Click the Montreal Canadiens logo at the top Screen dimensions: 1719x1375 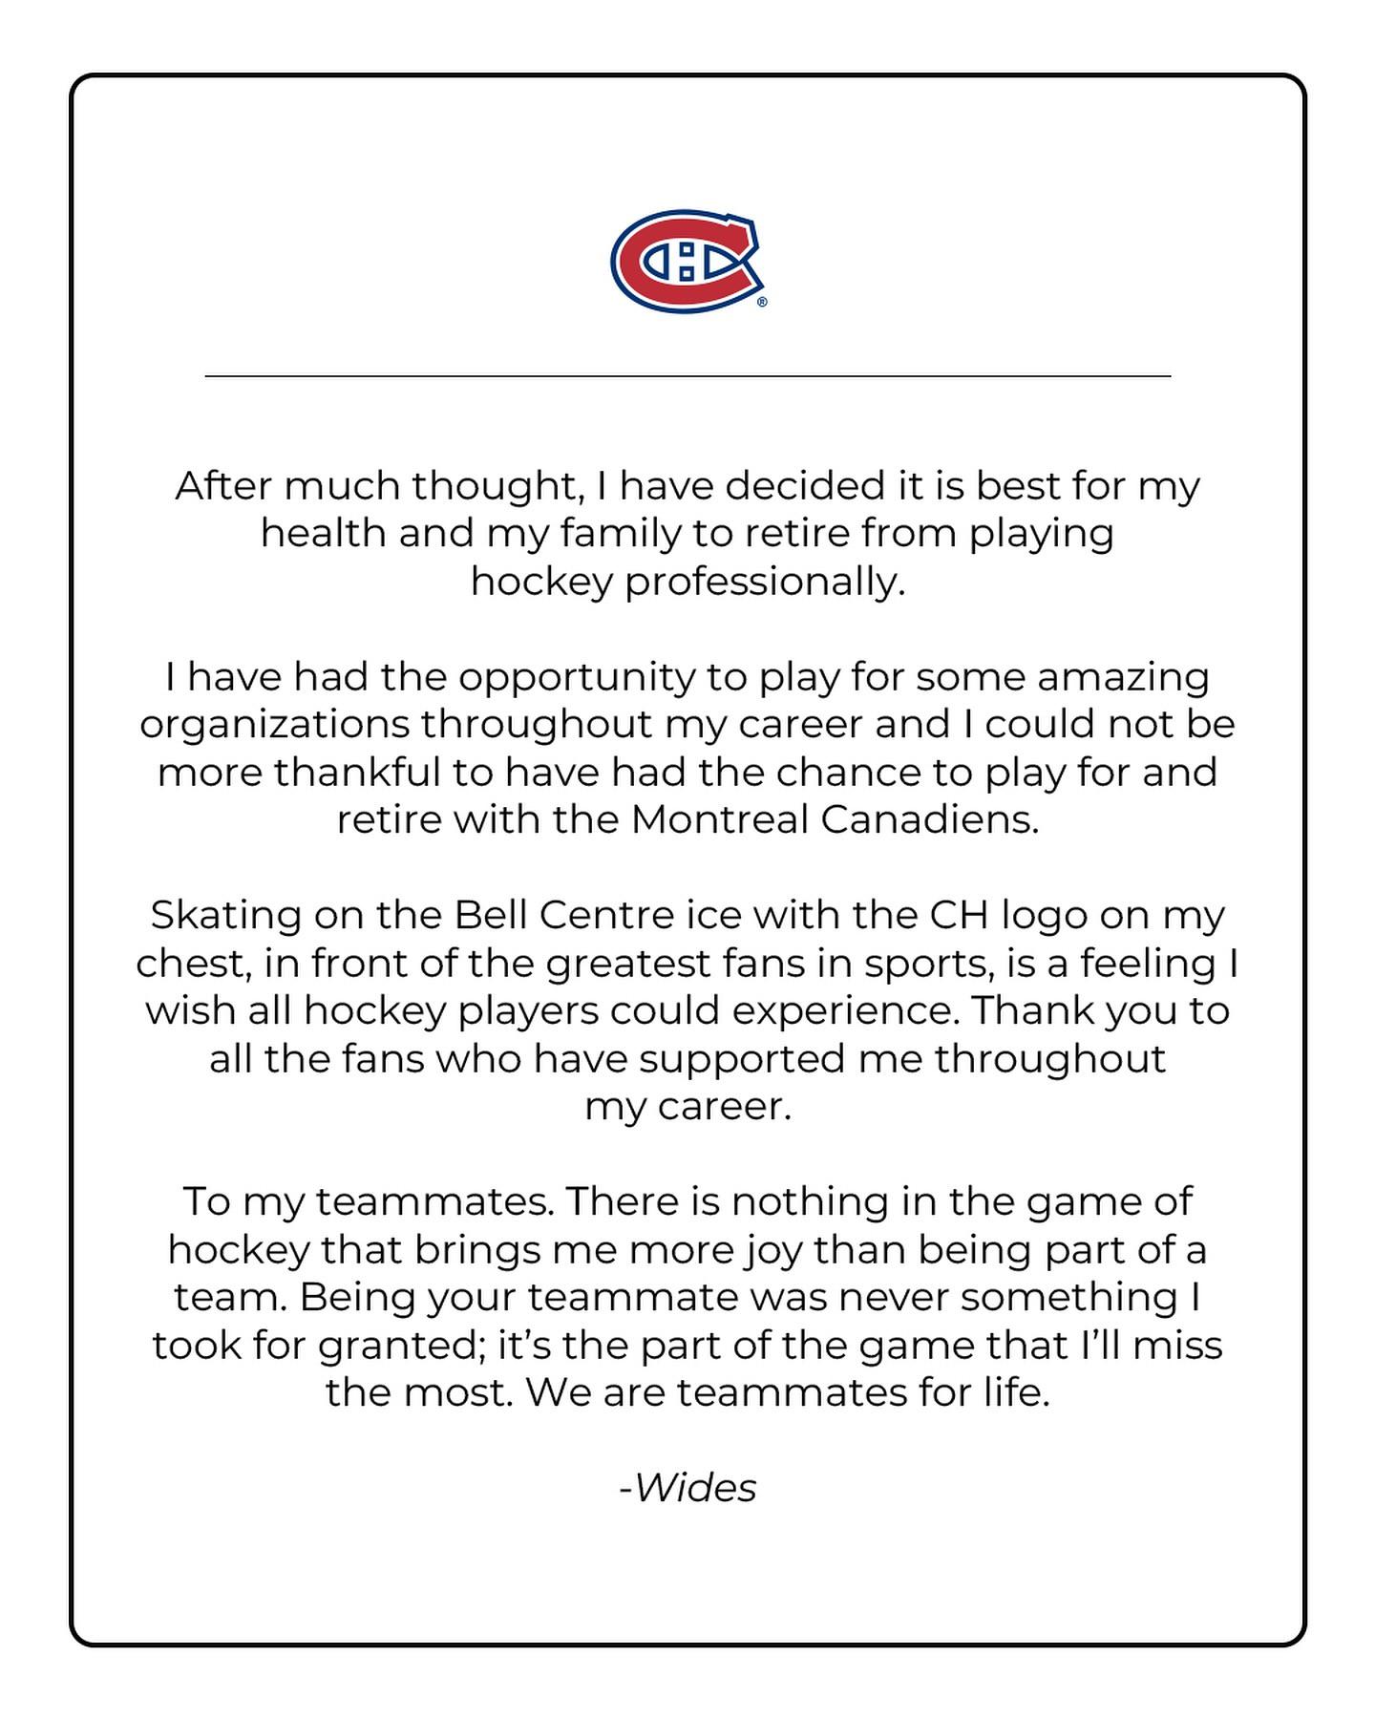[x=687, y=261]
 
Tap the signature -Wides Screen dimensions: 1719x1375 [x=687, y=1488]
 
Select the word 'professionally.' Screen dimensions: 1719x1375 [x=765, y=582]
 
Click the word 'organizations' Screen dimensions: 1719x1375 [x=274, y=725]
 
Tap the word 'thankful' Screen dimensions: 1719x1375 [x=356, y=772]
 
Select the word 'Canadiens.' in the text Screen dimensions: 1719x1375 [x=929, y=819]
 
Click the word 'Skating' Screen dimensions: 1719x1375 [x=225, y=915]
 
